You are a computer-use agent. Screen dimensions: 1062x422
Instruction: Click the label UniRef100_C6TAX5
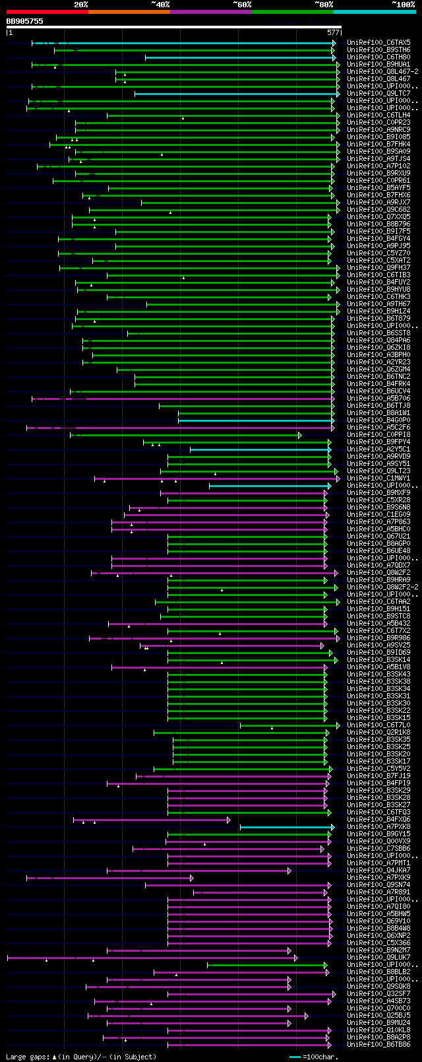coord(378,43)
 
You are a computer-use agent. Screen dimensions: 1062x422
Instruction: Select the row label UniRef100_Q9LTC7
coord(378,94)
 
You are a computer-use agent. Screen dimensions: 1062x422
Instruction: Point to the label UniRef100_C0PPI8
coord(378,435)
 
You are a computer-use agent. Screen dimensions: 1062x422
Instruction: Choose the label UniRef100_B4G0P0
coord(378,420)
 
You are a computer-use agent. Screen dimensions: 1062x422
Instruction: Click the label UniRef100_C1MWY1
coord(378,479)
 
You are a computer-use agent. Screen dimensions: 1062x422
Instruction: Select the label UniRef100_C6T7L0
coord(378,725)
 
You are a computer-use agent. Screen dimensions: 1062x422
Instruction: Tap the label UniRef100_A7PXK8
coord(378,827)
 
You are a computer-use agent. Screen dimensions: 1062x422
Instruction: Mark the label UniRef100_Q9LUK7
coord(378,958)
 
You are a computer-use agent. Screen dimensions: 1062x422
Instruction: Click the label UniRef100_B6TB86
coord(378,1045)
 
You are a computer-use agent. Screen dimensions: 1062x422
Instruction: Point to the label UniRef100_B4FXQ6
coord(378,820)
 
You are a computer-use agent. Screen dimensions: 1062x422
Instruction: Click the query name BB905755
coord(25,21)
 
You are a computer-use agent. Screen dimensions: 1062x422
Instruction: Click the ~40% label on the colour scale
coord(160,5)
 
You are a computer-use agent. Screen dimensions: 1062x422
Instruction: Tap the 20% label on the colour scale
coord(80,5)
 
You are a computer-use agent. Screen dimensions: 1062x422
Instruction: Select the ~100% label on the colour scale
coord(403,5)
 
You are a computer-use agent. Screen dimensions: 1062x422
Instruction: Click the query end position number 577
coord(333,32)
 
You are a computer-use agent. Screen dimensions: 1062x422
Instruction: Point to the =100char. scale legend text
coord(320,1057)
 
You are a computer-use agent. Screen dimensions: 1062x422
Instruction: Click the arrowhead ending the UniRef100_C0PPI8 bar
coord(300,435)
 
